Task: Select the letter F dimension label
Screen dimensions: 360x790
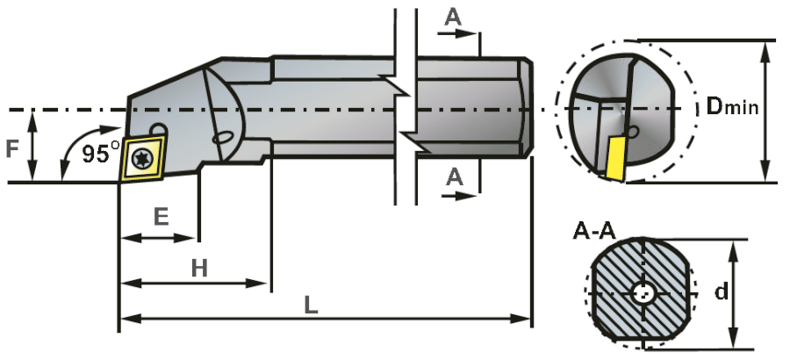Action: click(12, 148)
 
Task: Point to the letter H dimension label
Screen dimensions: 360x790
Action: click(199, 269)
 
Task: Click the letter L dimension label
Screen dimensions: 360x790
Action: click(311, 304)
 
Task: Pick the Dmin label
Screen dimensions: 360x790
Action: click(732, 108)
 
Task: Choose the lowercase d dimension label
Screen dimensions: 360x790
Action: click(722, 291)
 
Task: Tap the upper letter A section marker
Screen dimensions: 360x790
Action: click(453, 17)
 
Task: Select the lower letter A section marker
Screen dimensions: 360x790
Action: click(454, 176)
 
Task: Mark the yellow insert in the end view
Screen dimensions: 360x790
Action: click(617, 159)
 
